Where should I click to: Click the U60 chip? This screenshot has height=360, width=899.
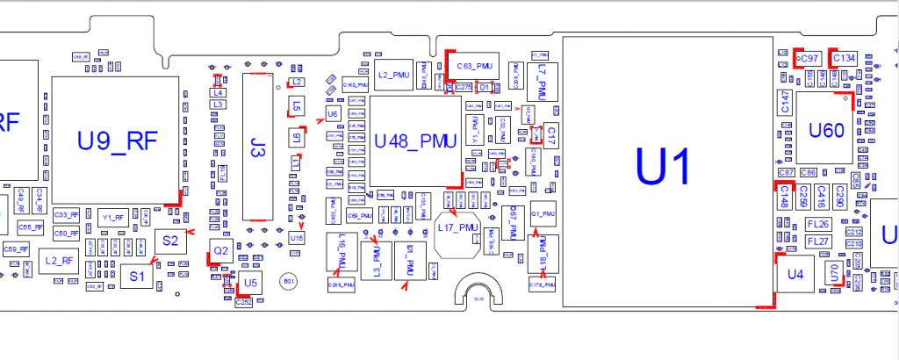(x=826, y=130)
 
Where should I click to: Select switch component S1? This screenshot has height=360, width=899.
(x=136, y=276)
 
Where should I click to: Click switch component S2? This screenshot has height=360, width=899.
(x=170, y=241)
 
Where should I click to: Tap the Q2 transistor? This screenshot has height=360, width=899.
(x=221, y=251)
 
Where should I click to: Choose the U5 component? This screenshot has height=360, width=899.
(x=250, y=283)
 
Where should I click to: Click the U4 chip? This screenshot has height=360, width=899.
(x=795, y=275)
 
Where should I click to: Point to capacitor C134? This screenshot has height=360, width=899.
(x=844, y=58)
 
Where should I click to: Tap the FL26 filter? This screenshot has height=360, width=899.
(x=817, y=224)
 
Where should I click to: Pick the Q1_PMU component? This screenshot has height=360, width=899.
(x=543, y=214)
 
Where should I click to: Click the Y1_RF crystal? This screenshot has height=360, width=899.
(x=113, y=216)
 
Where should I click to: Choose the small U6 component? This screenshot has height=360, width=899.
(x=332, y=115)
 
